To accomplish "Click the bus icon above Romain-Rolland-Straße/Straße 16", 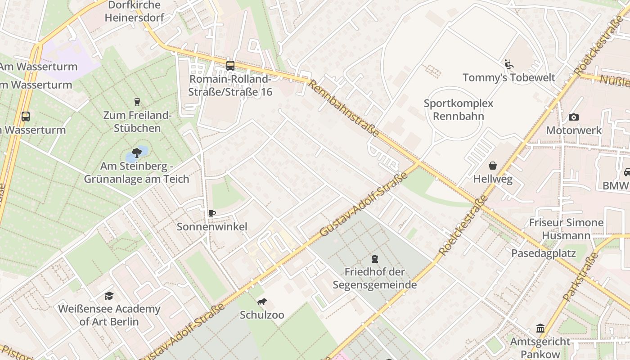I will pyautogui.click(x=230, y=66).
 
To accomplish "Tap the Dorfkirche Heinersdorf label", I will pyautogui.click(x=134, y=12).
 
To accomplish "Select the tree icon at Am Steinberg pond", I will pyautogui.click(x=137, y=153).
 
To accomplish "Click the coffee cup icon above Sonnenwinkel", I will pyautogui.click(x=211, y=213).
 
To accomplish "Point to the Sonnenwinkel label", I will pyautogui.click(x=212, y=226).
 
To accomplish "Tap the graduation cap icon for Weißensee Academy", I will pyautogui.click(x=109, y=296).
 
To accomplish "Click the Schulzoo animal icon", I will pyautogui.click(x=261, y=301).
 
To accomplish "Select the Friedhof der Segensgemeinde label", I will pyautogui.click(x=374, y=278).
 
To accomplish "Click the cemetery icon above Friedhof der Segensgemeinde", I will pyautogui.click(x=374, y=259).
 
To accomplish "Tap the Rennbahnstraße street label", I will pyautogui.click(x=343, y=109).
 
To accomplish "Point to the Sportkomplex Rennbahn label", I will pyautogui.click(x=459, y=110).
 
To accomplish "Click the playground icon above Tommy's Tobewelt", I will pyautogui.click(x=508, y=64).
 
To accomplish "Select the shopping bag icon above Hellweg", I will pyautogui.click(x=493, y=166).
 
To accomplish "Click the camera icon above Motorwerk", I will pyautogui.click(x=573, y=117).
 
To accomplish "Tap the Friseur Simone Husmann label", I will pyautogui.click(x=566, y=229).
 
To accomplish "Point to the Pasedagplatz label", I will pyautogui.click(x=543, y=253).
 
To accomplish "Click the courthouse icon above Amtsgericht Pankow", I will pyautogui.click(x=540, y=328).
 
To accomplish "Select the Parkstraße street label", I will pyautogui.click(x=581, y=276).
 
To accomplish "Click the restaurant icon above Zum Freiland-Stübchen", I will pyautogui.click(x=137, y=102).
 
